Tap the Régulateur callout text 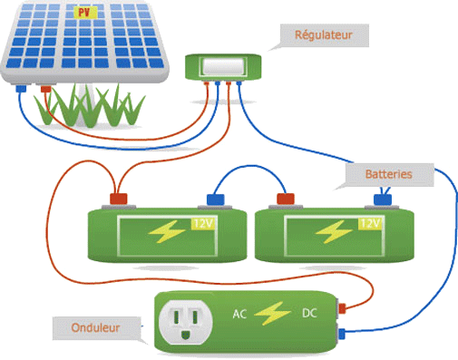pos(322,37)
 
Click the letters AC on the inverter pos(240,315)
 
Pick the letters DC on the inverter pos(308,315)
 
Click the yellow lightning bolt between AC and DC pos(273,315)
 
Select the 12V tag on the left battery pos(201,222)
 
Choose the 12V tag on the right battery pos(370,222)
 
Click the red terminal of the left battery pos(119,198)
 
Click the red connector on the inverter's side pos(343,308)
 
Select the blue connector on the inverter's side pos(343,334)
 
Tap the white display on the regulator pos(222,66)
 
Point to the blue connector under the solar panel pos(19,91)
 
